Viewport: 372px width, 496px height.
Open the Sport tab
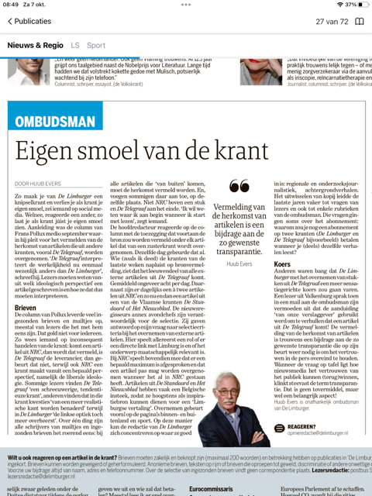pyautogui.click(x=96, y=46)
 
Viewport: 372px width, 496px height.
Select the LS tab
pyautogui.click(x=75, y=46)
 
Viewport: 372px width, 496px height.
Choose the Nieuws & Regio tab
pyautogui.click(x=35, y=46)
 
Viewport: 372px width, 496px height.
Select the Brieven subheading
pyautogui.click(x=26, y=308)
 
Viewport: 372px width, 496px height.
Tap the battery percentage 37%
pyautogui.click(x=351, y=5)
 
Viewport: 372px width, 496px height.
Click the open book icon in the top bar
pyautogui.click(x=359, y=22)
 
